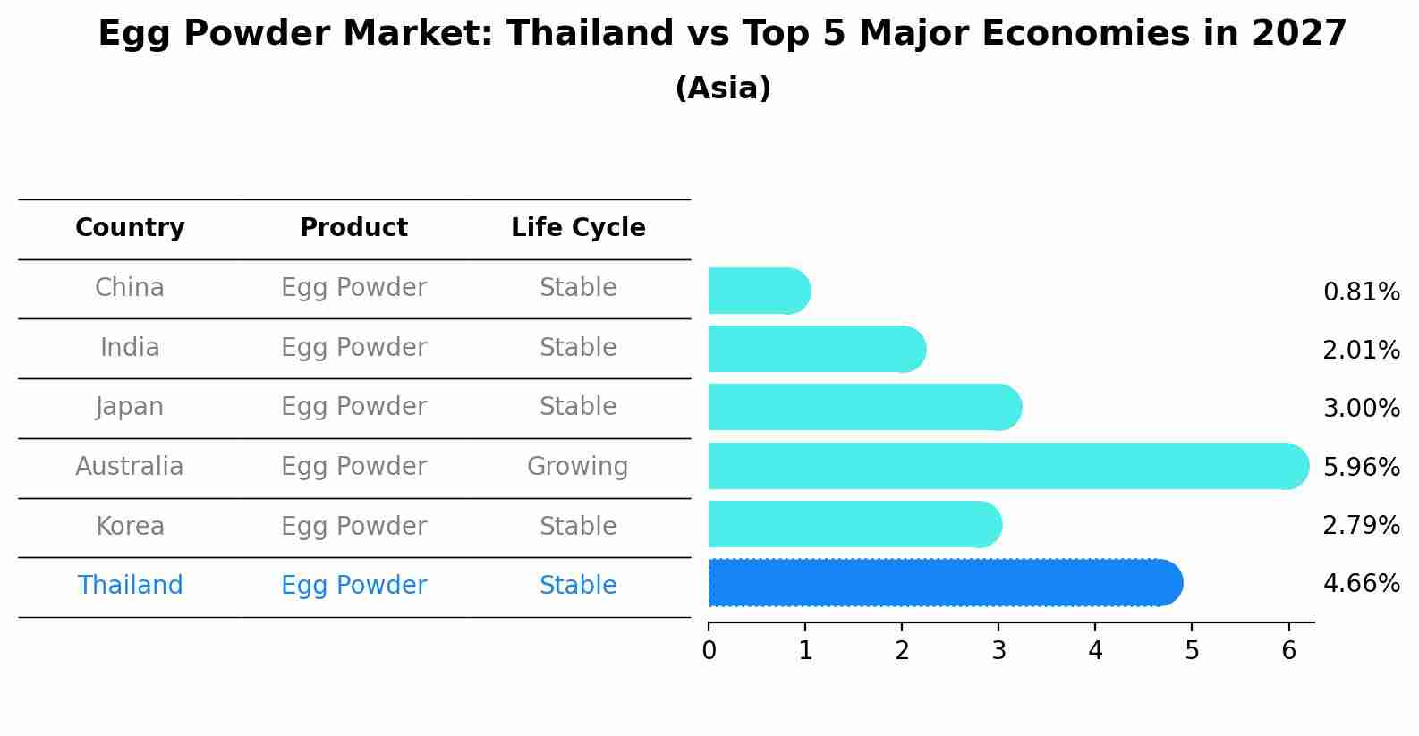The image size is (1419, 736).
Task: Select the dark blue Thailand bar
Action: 939,583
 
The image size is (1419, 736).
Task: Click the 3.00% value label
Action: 1361,409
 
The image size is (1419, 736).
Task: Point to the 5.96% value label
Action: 1361,467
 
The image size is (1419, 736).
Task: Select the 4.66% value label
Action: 1361,584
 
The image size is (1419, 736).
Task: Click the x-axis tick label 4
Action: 1095,651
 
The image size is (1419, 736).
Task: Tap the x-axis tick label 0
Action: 709,651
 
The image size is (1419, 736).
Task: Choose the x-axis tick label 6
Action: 1288,651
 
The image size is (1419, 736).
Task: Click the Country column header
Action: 130,228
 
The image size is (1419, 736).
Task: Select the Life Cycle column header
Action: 578,228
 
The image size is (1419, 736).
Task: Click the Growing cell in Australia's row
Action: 578,467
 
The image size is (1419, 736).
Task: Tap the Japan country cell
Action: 130,407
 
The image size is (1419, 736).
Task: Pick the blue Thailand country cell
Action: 130,586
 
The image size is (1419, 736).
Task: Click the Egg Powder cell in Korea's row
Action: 353,526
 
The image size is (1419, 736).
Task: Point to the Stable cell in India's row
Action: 578,347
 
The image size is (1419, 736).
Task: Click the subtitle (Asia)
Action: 723,89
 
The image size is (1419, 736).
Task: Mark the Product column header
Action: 353,228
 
